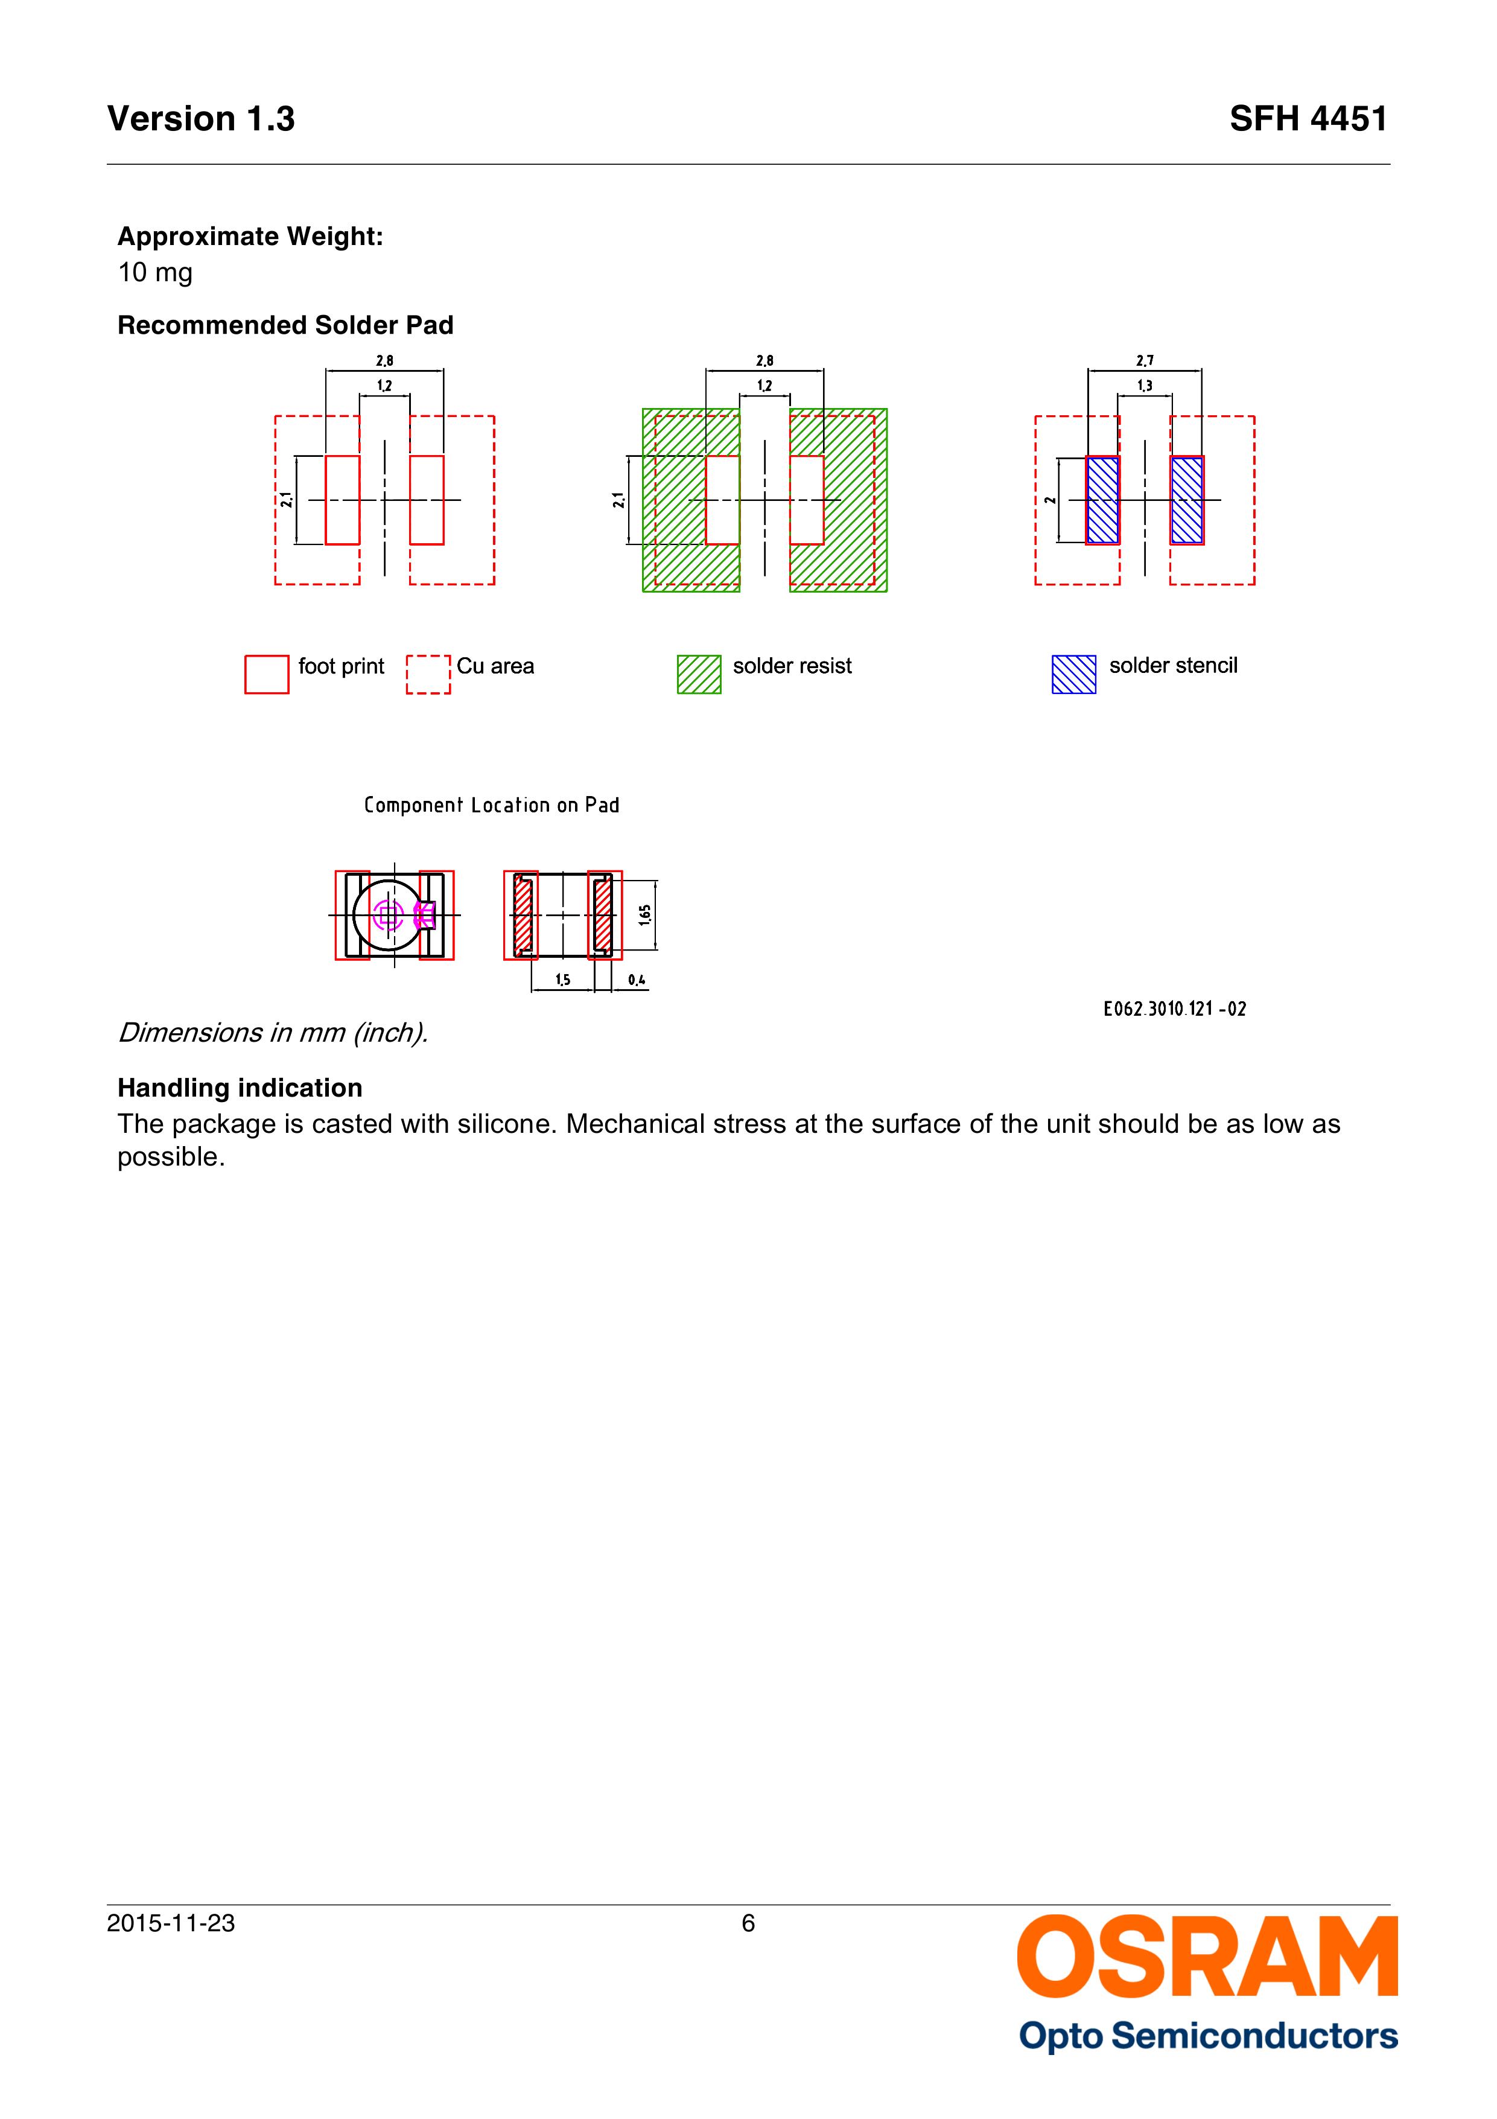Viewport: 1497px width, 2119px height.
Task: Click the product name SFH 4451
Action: coord(1307,119)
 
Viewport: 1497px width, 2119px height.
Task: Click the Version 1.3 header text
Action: coord(201,119)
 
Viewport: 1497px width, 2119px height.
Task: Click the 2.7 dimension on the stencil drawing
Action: coord(1145,361)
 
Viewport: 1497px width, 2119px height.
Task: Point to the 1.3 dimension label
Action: coord(1145,386)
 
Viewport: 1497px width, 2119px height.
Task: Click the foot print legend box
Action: coord(267,674)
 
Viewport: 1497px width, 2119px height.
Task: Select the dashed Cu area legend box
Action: coord(428,674)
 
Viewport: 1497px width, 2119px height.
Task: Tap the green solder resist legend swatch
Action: coord(699,674)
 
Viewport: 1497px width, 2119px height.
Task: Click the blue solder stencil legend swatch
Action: coord(1073,674)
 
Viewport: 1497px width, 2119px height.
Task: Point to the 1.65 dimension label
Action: coord(645,914)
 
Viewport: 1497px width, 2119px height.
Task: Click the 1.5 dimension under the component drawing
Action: coord(562,980)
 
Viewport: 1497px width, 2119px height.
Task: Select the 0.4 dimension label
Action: coord(636,980)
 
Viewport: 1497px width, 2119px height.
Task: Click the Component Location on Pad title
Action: coord(491,805)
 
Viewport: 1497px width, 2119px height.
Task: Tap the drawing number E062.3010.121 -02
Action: coord(1174,1009)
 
